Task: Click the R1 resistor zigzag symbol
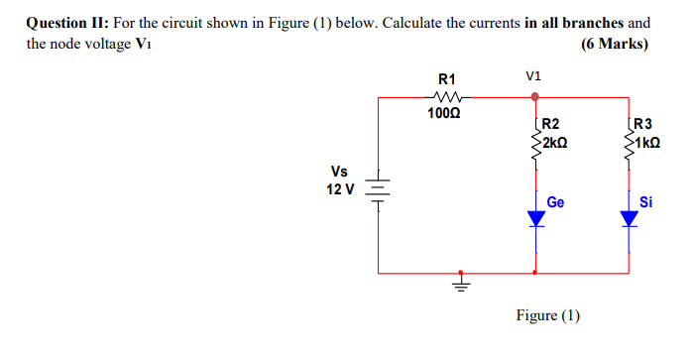(x=446, y=97)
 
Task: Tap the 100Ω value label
(x=445, y=114)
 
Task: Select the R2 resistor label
(x=551, y=125)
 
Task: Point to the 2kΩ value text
(x=553, y=142)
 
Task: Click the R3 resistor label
(x=642, y=125)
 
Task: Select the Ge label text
(x=555, y=202)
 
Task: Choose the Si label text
(x=646, y=202)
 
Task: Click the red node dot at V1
(x=535, y=97)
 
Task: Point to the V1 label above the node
(x=535, y=75)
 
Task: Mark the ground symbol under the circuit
(x=459, y=283)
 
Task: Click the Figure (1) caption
(x=548, y=315)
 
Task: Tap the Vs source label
(x=340, y=171)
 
